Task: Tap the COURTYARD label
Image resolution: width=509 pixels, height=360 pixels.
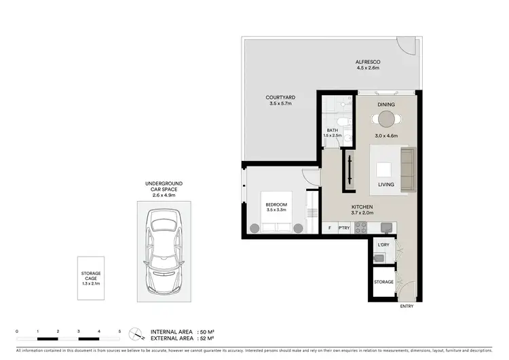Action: pos(280,98)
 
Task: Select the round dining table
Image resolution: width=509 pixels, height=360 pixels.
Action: pos(385,120)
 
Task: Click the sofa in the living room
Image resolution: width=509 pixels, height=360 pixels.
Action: pos(407,169)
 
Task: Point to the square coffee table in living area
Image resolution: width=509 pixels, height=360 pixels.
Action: pos(385,169)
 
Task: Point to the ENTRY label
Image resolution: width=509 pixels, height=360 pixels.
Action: pos(407,306)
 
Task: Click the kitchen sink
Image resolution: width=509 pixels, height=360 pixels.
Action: pos(385,227)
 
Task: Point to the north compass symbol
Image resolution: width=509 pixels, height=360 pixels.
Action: pos(138,334)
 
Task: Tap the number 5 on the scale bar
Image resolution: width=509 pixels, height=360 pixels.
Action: pos(120,331)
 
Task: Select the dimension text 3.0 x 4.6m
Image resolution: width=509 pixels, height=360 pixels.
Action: pos(385,136)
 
